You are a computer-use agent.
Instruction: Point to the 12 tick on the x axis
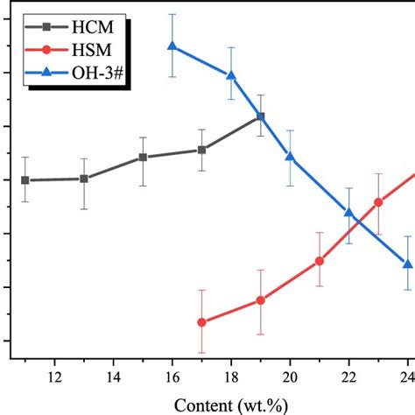coord(53,377)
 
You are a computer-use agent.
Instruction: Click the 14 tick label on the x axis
coord(113,377)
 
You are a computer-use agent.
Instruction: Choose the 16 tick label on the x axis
coord(172,377)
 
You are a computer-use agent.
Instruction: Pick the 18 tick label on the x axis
coord(231,377)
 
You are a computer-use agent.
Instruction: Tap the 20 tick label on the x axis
coord(290,377)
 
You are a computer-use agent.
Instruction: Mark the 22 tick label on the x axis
coord(348,377)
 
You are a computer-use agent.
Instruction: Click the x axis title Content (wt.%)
coord(233,404)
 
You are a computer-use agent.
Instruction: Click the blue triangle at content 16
coord(172,46)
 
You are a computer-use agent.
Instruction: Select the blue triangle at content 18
coord(231,75)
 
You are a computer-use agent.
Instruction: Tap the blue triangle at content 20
coord(290,157)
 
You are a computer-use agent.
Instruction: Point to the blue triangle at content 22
coord(348,213)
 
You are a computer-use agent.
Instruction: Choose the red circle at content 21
coord(320,261)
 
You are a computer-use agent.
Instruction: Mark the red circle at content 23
coord(378,202)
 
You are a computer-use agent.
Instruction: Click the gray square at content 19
coord(260,116)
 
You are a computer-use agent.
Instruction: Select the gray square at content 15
coord(143,158)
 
